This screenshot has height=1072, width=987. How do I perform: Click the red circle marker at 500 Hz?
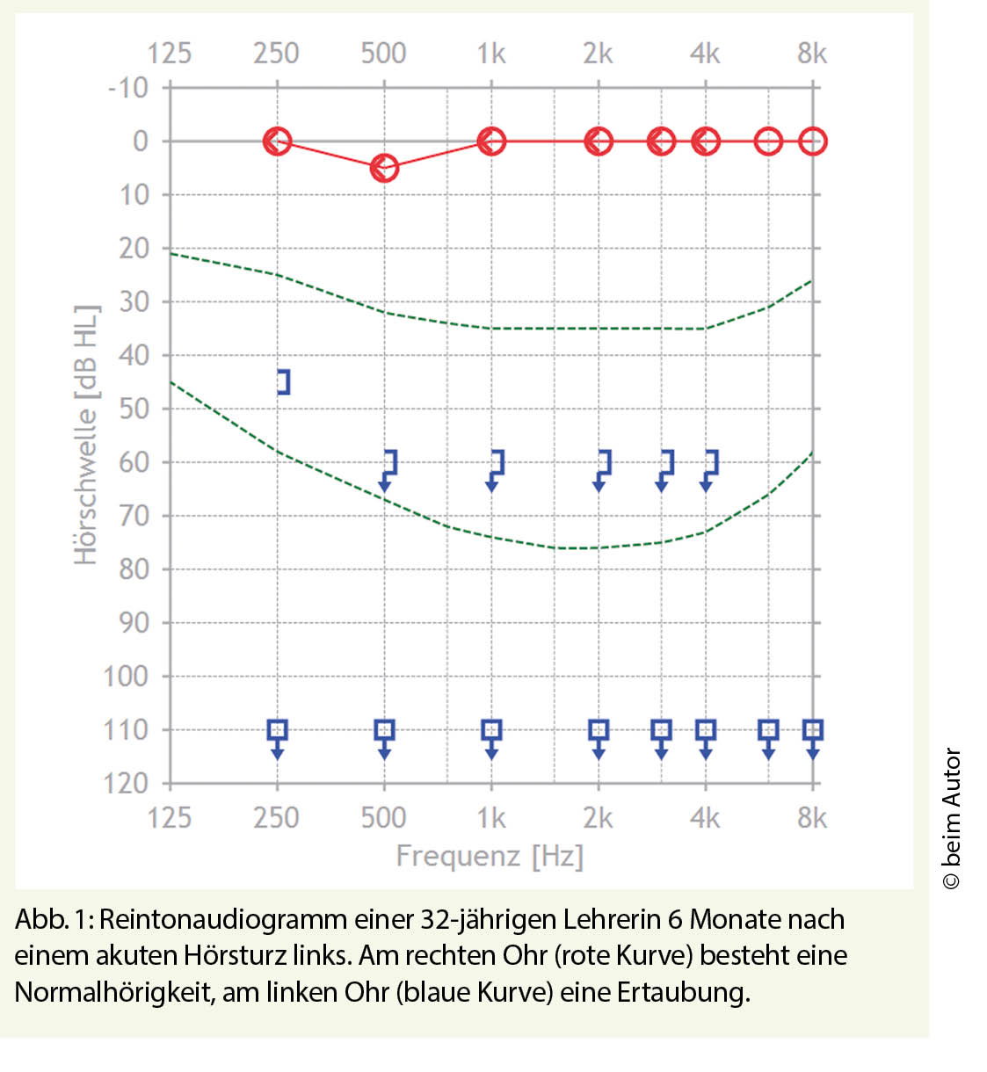click(x=384, y=168)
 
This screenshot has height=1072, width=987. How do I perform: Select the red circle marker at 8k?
click(x=813, y=141)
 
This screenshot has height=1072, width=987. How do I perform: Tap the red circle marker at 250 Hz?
click(x=278, y=141)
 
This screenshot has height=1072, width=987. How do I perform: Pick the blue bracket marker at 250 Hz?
click(x=283, y=381)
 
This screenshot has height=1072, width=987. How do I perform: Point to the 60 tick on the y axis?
click(x=134, y=462)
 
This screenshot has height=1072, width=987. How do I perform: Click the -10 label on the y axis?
click(x=128, y=88)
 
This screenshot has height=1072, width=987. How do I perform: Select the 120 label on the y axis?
click(x=126, y=783)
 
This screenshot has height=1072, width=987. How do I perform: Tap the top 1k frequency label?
click(x=491, y=54)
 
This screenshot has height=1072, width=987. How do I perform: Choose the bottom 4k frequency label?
click(x=705, y=818)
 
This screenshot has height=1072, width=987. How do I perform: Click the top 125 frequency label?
click(x=169, y=54)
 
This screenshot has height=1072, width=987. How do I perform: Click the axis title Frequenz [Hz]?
click(x=490, y=855)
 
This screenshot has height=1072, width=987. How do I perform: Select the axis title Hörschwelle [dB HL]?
click(x=85, y=435)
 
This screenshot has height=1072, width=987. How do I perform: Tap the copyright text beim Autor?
click(x=952, y=818)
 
